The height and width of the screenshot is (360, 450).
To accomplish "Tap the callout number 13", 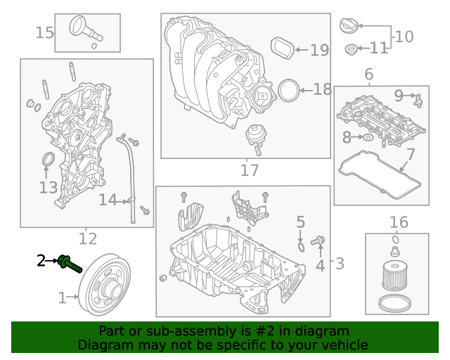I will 48,187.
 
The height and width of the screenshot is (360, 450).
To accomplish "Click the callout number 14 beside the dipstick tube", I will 107,200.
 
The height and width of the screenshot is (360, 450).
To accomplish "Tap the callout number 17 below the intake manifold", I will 250,169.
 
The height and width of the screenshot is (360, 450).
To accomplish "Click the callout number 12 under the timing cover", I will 87,238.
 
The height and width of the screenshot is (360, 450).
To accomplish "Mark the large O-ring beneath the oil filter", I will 395,304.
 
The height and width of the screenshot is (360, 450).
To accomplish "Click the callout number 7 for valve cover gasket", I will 411,153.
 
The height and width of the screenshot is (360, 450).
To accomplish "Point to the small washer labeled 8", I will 368,137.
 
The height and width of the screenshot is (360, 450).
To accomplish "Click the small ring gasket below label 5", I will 301,246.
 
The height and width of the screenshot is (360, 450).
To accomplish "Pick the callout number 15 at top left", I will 44,32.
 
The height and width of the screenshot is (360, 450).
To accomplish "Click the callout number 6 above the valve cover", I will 368,75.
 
